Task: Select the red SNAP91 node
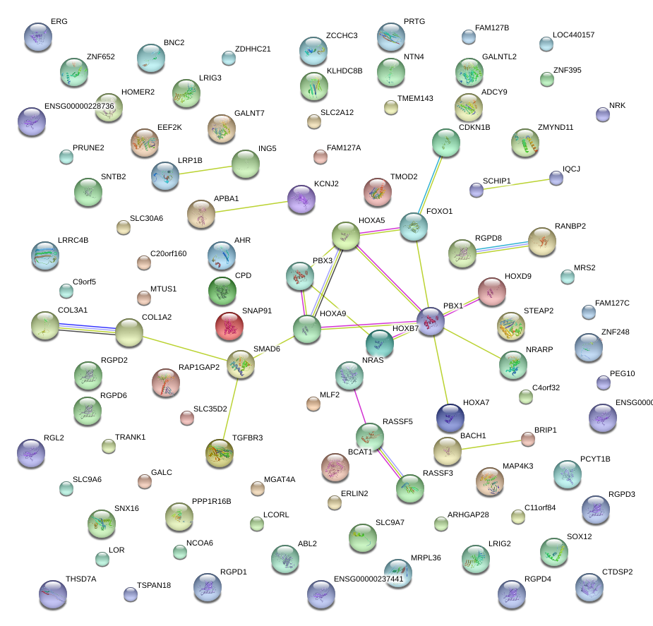coord(229,325)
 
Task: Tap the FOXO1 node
coord(414,226)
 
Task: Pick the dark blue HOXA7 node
coord(450,417)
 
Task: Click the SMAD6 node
coord(241,365)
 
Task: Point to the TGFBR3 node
coord(219,452)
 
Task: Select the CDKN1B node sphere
coord(446,143)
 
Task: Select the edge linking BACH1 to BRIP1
coord(488,444)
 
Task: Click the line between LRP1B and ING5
coord(205,169)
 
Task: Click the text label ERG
coord(59,22)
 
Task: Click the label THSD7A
coord(80,579)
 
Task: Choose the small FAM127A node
coord(320,157)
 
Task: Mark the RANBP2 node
coord(542,241)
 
